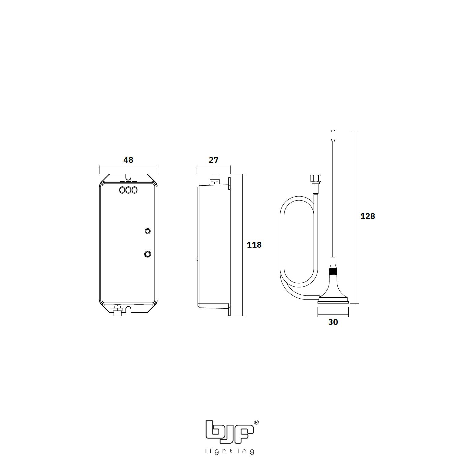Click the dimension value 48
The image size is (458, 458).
[x=128, y=160]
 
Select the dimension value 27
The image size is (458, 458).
[x=213, y=160]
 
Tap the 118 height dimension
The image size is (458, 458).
[x=254, y=245]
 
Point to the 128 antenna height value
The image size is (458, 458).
[x=368, y=216]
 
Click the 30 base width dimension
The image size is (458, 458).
[x=333, y=322]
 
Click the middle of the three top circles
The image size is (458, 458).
[x=129, y=190]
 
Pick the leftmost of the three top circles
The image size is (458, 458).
[x=123, y=190]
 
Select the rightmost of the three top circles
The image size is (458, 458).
[x=134, y=190]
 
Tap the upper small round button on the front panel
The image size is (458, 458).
[x=147, y=231]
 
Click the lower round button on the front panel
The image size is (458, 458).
[x=148, y=254]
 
